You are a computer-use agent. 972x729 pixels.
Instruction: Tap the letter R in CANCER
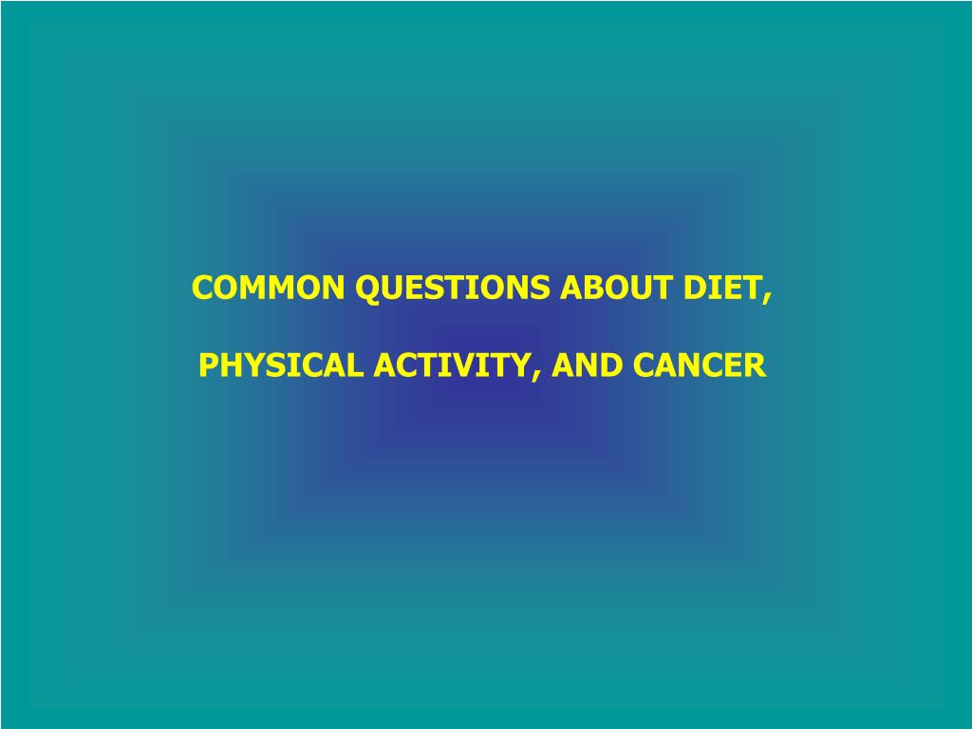756,365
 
